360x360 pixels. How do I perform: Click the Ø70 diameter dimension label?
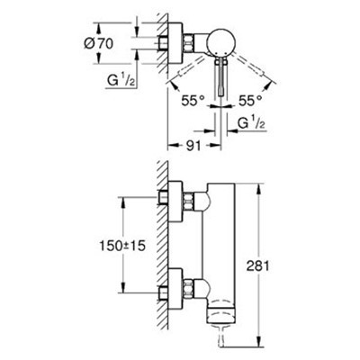point(98,43)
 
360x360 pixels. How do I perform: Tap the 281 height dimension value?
point(257,265)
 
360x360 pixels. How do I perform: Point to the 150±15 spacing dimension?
point(122,246)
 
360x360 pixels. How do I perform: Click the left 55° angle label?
point(193,101)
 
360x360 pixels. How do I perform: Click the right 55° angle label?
point(250,101)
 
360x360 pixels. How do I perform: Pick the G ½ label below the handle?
point(251,123)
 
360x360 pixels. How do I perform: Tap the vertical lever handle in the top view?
point(221,77)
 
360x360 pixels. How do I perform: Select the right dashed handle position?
point(251,67)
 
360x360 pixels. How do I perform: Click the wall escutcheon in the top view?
point(175,43)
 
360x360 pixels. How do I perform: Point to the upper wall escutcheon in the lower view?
point(175,202)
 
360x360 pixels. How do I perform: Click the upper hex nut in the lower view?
point(188,202)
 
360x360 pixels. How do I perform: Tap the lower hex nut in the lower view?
point(188,288)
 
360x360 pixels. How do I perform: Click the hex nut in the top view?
point(188,43)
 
